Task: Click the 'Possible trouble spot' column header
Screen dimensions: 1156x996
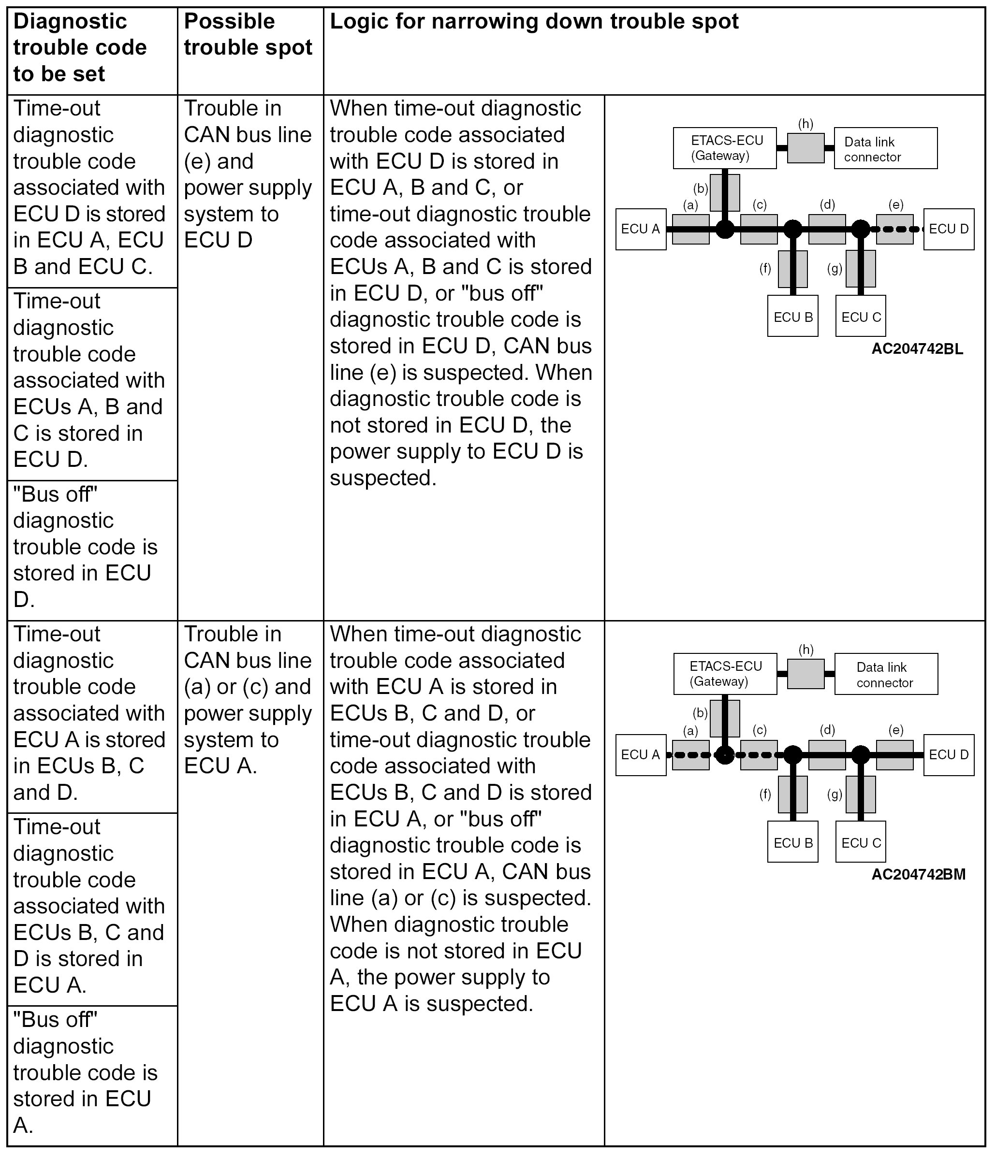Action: [x=248, y=35]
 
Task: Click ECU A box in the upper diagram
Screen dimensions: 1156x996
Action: [x=640, y=229]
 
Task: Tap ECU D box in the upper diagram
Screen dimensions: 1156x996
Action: [x=949, y=229]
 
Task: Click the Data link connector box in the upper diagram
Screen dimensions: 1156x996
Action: [x=885, y=148]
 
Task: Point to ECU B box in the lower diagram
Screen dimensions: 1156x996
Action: [x=793, y=842]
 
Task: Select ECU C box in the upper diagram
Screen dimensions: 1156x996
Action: [x=860, y=317]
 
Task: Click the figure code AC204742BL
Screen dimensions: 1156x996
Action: [x=917, y=349]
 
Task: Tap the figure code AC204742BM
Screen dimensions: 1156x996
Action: [x=918, y=874]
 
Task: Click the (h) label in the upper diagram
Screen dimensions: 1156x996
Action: [x=806, y=124]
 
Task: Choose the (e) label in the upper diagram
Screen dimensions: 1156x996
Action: [x=895, y=205]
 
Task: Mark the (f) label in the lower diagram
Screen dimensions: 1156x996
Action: [x=765, y=794]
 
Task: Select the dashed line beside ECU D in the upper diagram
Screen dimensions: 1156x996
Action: [x=899, y=229]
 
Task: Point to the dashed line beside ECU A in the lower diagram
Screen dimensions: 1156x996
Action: [x=692, y=755]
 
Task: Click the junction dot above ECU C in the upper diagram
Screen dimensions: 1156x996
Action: [x=860, y=229]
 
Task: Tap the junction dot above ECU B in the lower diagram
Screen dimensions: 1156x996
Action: [x=793, y=755]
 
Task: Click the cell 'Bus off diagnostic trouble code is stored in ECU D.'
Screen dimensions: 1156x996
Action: [x=84, y=547]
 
